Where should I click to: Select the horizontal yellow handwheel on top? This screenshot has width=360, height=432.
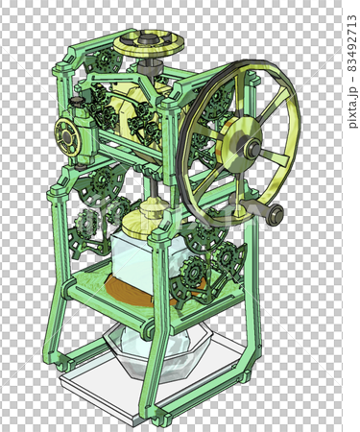click(149, 44)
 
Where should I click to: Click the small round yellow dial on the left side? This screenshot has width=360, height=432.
click(66, 136)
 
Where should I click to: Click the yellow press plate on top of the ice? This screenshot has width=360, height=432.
click(146, 224)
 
